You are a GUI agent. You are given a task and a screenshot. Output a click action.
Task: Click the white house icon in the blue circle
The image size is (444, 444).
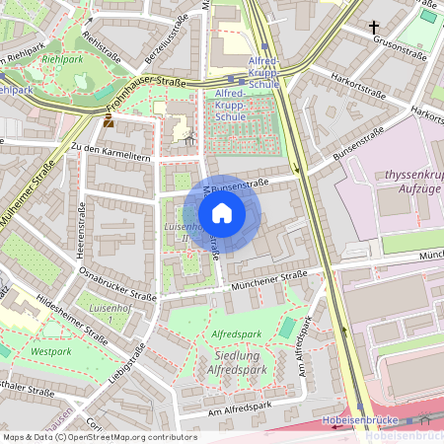point(222,212)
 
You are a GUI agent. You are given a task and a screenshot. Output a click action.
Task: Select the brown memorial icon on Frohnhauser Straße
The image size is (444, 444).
point(108,121)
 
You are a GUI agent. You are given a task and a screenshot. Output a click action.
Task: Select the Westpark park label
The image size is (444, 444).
point(51,349)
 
